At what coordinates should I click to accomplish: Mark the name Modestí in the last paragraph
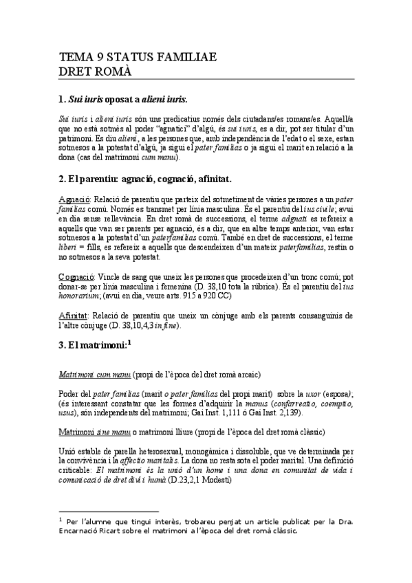[227, 479]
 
